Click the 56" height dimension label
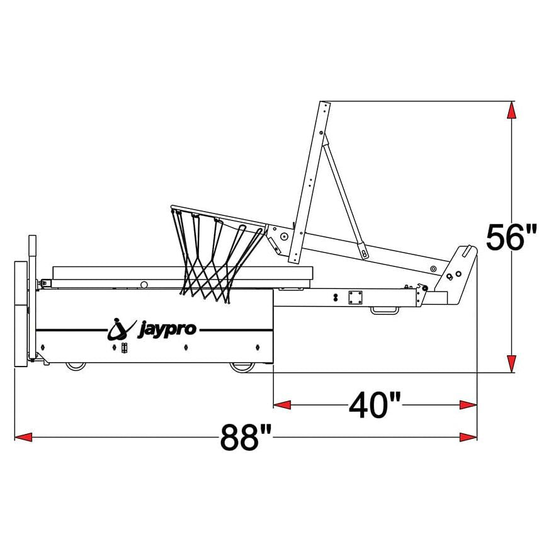(x=511, y=237)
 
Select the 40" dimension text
(x=375, y=405)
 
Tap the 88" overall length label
(x=246, y=438)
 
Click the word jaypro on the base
(x=167, y=329)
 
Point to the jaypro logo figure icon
(x=120, y=329)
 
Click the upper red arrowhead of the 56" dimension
(x=512, y=110)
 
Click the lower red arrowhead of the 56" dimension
(x=512, y=363)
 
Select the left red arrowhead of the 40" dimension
(x=282, y=405)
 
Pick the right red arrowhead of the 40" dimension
(x=468, y=405)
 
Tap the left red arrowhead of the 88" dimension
(x=23, y=438)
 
